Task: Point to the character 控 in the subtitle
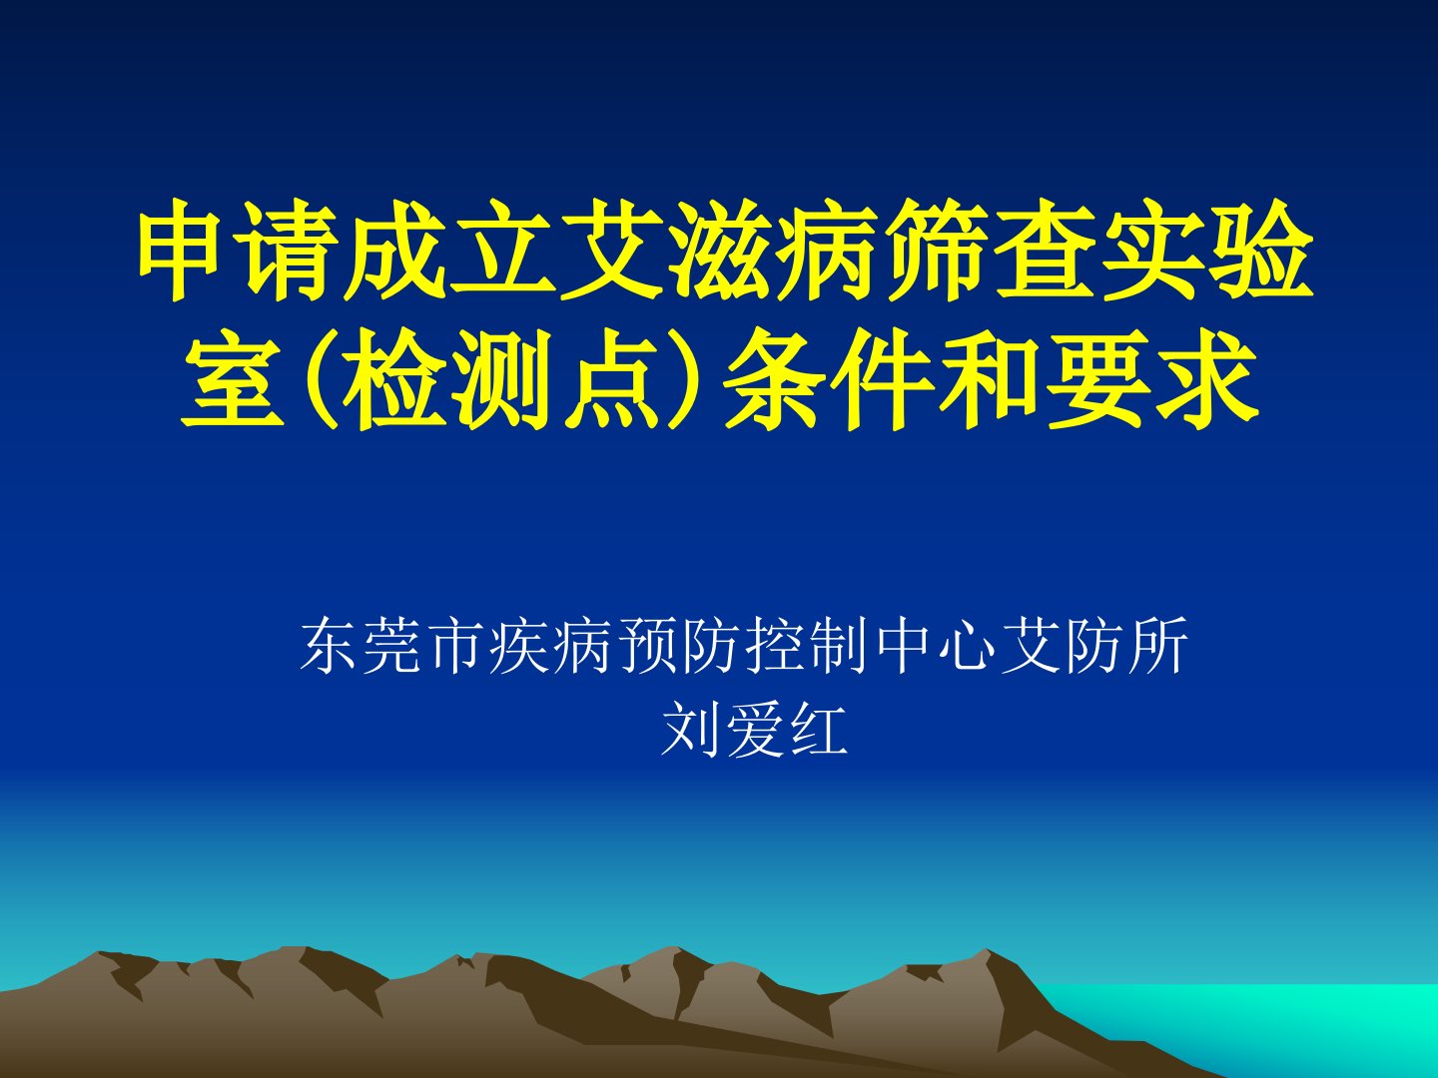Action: point(777,644)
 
